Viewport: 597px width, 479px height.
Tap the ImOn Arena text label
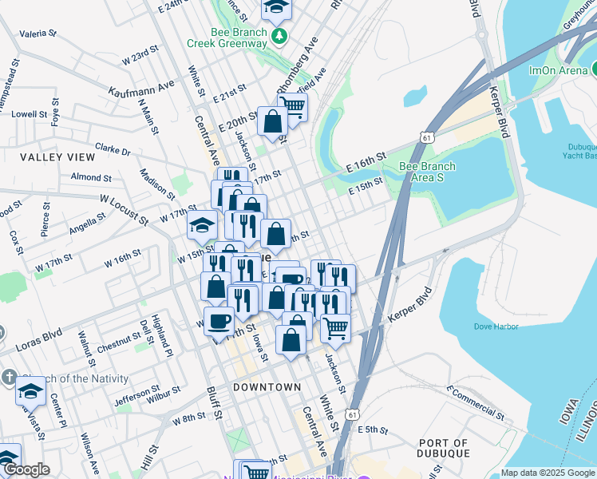(x=559, y=70)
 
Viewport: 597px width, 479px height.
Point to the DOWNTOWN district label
(x=267, y=386)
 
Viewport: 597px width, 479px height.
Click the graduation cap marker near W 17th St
(x=202, y=224)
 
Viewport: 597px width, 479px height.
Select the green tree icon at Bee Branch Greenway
(x=279, y=36)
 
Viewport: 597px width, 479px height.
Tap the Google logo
(x=26, y=469)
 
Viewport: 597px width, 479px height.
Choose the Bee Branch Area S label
(x=427, y=171)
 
